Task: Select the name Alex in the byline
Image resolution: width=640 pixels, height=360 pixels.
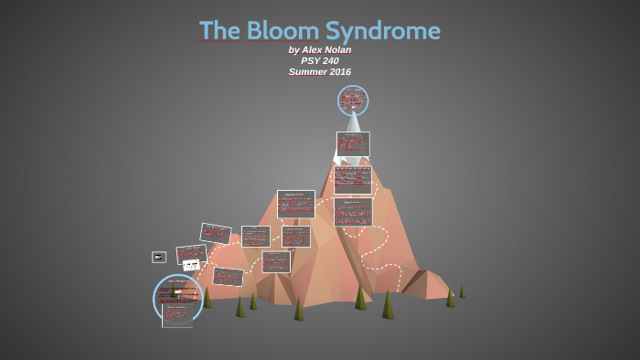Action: [314, 50]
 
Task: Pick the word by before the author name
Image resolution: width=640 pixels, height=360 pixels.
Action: [293, 50]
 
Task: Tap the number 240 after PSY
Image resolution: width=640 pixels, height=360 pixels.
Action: [330, 61]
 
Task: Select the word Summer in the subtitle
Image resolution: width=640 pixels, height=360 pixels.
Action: [306, 72]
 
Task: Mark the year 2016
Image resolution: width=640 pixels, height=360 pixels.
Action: [338, 72]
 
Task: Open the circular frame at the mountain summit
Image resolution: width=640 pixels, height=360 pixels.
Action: [353, 100]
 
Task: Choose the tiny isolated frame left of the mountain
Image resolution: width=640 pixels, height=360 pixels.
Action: [158, 257]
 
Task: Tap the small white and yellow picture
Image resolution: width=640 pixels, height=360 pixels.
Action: [191, 265]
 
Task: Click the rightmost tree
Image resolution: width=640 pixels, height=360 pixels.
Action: [462, 291]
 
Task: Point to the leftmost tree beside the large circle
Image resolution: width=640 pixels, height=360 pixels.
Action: [207, 298]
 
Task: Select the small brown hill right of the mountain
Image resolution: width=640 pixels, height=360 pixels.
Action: [425, 284]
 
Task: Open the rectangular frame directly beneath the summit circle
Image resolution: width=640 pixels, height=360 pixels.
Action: [353, 143]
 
